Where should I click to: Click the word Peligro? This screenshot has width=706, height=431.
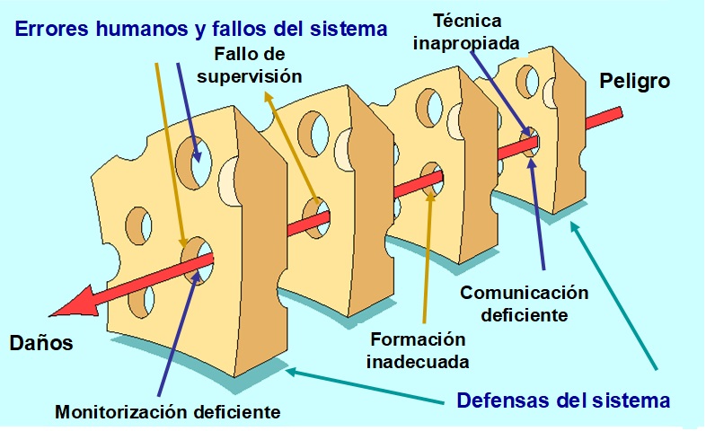[x=636, y=82]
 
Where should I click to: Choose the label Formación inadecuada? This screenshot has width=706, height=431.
[x=419, y=351]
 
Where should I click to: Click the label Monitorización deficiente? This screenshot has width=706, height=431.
[x=168, y=413]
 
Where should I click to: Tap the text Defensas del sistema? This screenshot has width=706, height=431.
[x=563, y=399]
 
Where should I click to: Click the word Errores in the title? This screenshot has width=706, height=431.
[x=48, y=29]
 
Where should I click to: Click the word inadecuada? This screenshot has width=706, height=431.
[x=419, y=362]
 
